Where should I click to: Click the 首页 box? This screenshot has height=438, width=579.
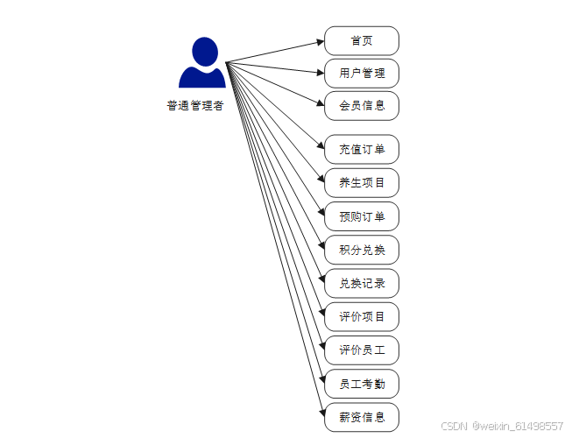point(361,40)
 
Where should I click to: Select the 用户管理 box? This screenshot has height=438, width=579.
point(361,73)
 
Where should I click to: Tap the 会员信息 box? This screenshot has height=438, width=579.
point(361,106)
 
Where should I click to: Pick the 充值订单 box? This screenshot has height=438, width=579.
point(361,149)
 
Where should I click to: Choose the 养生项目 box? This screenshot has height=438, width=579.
point(361,182)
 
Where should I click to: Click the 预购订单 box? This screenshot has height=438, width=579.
point(361,216)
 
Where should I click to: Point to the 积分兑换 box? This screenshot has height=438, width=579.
point(361,250)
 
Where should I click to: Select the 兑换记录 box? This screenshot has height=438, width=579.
point(361,283)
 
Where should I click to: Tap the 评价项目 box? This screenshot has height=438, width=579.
point(361,316)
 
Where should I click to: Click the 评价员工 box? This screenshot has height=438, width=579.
point(361,350)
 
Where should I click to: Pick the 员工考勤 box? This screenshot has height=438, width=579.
point(361,384)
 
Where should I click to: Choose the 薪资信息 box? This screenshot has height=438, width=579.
point(361,417)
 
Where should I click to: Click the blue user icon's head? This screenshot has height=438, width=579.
point(204,51)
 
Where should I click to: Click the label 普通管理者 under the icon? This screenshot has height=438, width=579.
point(194,106)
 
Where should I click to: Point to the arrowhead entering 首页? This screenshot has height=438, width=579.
point(320,41)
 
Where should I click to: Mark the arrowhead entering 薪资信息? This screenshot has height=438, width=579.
point(320,415)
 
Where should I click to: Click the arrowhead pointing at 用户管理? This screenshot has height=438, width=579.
point(320,73)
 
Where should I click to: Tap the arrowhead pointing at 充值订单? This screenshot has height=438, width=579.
point(320,148)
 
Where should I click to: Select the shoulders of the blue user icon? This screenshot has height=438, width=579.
point(202,78)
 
